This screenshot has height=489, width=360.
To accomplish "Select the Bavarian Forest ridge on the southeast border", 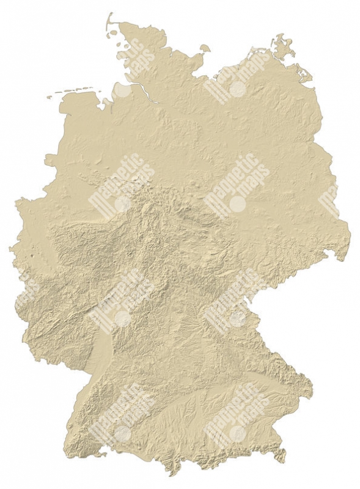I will coord(287,367).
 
